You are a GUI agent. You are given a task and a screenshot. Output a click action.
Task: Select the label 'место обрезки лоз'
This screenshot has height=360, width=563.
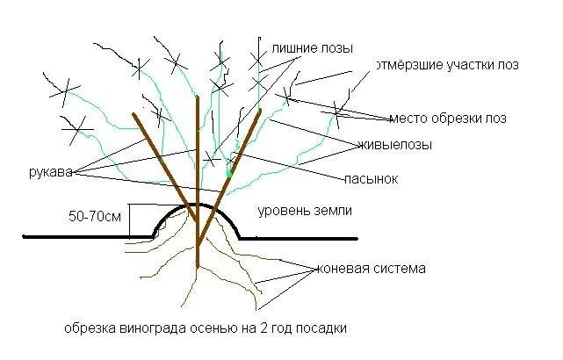pyautogui.click(x=448, y=118)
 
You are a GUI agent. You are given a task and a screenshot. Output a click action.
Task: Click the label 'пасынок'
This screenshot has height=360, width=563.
pyautogui.click(x=372, y=178)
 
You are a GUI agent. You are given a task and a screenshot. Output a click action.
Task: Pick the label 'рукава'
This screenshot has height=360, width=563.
pyautogui.click(x=47, y=172)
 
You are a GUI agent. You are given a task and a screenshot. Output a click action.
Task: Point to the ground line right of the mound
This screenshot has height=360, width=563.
pyautogui.click(x=303, y=236)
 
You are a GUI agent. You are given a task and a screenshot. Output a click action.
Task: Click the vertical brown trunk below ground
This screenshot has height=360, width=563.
pyautogui.click(x=198, y=250)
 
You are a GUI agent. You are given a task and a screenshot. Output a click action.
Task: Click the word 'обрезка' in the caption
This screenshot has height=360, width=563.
pyautogui.click(x=87, y=329)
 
